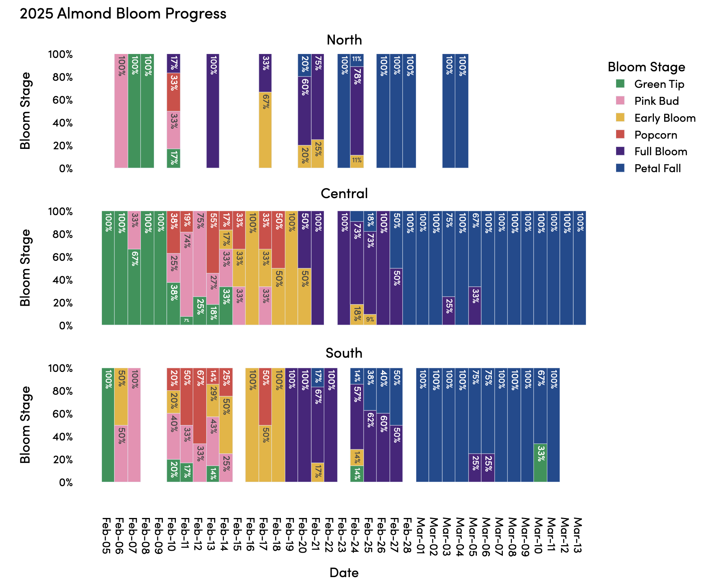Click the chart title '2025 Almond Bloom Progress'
[x=123, y=14]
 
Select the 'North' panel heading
[x=344, y=40]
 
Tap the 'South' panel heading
[x=344, y=353]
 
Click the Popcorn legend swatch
[x=620, y=135]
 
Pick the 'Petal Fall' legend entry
[x=657, y=169]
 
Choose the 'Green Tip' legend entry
[x=659, y=84]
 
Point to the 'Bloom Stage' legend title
[x=646, y=67]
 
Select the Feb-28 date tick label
[x=409, y=536]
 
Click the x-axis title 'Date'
[x=344, y=572]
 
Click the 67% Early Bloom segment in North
[x=265, y=130]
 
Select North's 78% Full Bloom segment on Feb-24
[x=357, y=111]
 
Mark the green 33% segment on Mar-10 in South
[x=540, y=463]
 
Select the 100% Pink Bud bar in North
[x=121, y=111]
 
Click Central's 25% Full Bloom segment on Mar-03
[x=449, y=311]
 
